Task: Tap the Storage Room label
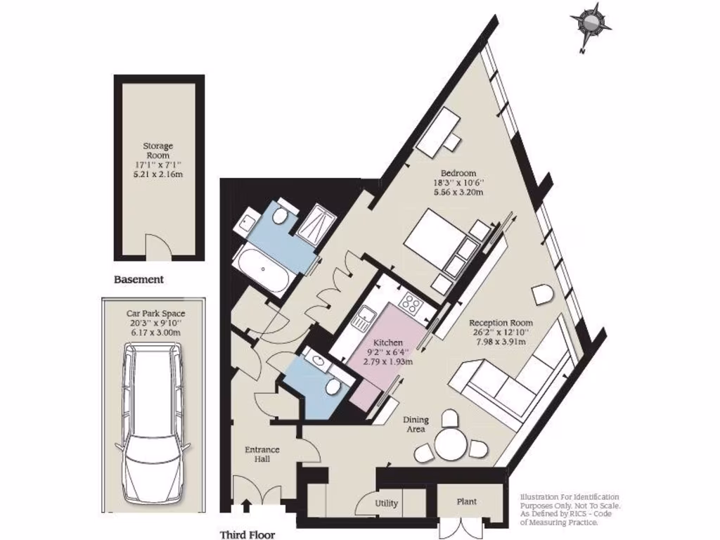pos(159,150)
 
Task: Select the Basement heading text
pos(139,279)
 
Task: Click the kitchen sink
pos(364,320)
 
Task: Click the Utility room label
pos(386,503)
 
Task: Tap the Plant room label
pos(467,501)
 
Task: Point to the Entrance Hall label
pos(262,454)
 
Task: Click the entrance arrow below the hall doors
pos(246,504)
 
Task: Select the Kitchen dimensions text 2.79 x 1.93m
pos(388,361)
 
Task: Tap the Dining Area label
pos(416,425)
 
